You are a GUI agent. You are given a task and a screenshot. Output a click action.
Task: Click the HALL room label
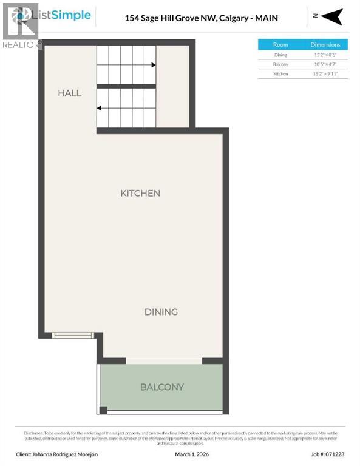[x=70, y=93]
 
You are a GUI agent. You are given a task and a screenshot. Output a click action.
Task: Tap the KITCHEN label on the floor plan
[x=140, y=193]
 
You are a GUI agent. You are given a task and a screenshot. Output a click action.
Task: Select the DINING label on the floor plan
[x=161, y=312]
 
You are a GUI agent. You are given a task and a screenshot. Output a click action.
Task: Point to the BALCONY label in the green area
[x=161, y=387]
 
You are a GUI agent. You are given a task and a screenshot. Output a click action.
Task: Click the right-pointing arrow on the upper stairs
[x=153, y=64]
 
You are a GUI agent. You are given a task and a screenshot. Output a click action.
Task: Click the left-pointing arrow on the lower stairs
[x=99, y=108]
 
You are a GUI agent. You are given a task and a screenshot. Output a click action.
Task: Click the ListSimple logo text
[x=65, y=16]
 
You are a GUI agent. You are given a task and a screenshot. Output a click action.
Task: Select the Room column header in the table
[x=280, y=44]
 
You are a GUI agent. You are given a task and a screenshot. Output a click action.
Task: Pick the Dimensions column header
[x=325, y=44]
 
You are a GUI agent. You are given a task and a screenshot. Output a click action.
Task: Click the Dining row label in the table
[x=280, y=55]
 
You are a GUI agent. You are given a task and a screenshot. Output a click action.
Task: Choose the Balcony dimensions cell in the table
[x=325, y=64]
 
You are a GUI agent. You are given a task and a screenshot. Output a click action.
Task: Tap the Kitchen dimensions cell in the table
[x=325, y=74]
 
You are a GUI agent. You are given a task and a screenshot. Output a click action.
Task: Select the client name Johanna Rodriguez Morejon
[x=58, y=453]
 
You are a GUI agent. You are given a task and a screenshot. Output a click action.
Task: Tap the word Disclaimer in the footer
[x=35, y=432]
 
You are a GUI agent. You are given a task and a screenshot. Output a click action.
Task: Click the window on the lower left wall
[x=72, y=334]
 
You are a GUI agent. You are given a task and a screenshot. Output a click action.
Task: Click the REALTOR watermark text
[x=21, y=44]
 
